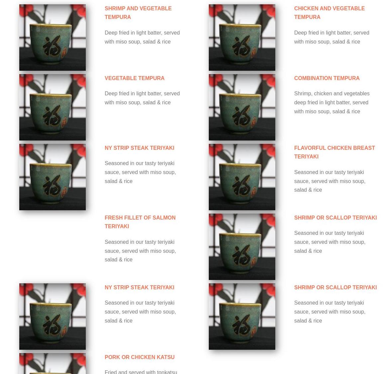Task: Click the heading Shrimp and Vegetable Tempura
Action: pos(138,13)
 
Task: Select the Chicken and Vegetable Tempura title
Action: pos(329,13)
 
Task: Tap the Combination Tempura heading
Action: pos(327,78)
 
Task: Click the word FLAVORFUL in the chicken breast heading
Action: pos(310,148)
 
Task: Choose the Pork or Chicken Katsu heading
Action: pos(139,357)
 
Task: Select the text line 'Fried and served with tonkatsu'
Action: pos(141,372)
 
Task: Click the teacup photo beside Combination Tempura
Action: pos(242,107)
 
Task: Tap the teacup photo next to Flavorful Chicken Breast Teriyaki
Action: pos(242,177)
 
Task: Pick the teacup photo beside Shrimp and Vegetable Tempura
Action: pos(52,38)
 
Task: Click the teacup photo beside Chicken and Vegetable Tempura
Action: pos(242,38)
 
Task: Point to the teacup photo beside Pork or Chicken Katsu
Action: pos(52,364)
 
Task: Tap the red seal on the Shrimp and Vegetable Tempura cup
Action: pos(64,52)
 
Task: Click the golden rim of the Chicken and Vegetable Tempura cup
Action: pos(240,25)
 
